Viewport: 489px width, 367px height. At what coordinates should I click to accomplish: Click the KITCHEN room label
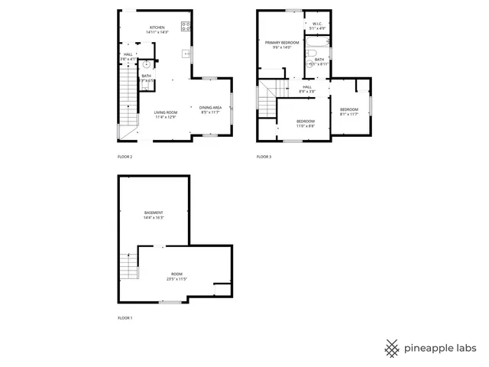[x=157, y=28]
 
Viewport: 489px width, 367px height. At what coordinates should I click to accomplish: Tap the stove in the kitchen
[x=185, y=26]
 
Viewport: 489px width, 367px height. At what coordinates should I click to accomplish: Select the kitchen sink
[x=185, y=54]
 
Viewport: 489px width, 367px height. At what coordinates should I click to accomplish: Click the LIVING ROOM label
[x=166, y=112]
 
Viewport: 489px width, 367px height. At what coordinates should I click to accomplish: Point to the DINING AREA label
[x=210, y=108]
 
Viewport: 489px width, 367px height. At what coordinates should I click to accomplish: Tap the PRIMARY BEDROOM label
[x=282, y=42]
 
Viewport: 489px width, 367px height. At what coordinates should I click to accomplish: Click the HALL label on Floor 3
[x=307, y=87]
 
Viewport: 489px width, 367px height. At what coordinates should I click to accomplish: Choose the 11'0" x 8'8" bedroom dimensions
[x=306, y=125]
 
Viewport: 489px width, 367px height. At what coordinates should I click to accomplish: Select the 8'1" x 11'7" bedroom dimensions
[x=348, y=115]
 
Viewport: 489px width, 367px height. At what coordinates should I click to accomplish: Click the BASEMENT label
[x=154, y=212]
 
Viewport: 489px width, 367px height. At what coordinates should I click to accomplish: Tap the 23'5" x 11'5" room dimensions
[x=176, y=279]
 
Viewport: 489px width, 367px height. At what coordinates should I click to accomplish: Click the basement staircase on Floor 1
[x=128, y=268]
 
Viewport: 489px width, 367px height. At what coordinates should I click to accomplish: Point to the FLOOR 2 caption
[x=125, y=157]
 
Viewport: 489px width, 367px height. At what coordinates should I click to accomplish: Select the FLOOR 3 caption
[x=264, y=157]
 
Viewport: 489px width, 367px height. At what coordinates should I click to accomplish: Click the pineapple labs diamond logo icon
[x=392, y=347]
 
